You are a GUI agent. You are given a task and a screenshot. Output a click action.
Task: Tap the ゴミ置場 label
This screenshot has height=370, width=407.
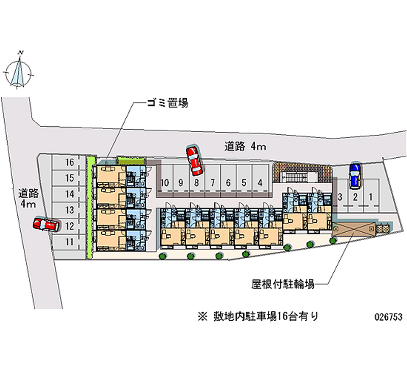click(x=167, y=103)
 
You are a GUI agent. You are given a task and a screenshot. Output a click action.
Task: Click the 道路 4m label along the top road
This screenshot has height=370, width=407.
click(x=245, y=147)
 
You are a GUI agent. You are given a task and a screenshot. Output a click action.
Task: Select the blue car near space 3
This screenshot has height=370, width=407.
click(x=354, y=175)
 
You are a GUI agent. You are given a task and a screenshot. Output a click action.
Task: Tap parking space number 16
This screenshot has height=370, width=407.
click(x=70, y=163)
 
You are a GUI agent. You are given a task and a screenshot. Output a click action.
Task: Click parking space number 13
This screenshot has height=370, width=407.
click(x=70, y=210)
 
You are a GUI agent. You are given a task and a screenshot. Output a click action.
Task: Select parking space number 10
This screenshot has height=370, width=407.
click(x=164, y=183)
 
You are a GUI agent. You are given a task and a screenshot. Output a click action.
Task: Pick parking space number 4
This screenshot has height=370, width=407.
click(x=260, y=183)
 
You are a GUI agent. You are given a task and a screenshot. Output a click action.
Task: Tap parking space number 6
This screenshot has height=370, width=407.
click(x=228, y=183)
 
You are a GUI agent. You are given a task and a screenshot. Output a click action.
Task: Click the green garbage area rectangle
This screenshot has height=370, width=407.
click(x=128, y=160)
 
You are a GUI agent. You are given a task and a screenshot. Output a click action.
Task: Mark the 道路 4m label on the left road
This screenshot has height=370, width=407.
click(x=28, y=198)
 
